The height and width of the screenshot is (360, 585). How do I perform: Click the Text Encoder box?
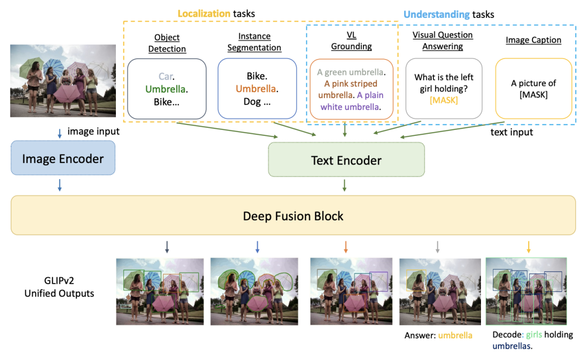(x=346, y=161)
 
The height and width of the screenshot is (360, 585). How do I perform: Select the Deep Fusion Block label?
(x=293, y=216)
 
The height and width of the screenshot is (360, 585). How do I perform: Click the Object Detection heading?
(x=167, y=43)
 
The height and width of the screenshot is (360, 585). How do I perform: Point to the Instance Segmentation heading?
(x=254, y=42)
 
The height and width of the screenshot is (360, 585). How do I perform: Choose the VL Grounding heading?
(x=351, y=41)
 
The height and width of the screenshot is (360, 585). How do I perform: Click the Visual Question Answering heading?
(x=443, y=41)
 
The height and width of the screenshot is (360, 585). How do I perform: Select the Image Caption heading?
(x=533, y=40)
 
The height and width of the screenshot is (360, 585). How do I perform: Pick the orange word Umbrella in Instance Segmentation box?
(x=257, y=89)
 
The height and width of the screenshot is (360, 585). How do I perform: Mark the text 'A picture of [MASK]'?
(x=534, y=89)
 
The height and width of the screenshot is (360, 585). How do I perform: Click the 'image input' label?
(x=93, y=132)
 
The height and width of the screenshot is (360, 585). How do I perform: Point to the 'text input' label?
(x=511, y=132)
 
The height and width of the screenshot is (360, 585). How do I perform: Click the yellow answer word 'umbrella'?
(x=455, y=336)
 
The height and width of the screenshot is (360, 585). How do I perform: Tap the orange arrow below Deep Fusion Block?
(x=346, y=247)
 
